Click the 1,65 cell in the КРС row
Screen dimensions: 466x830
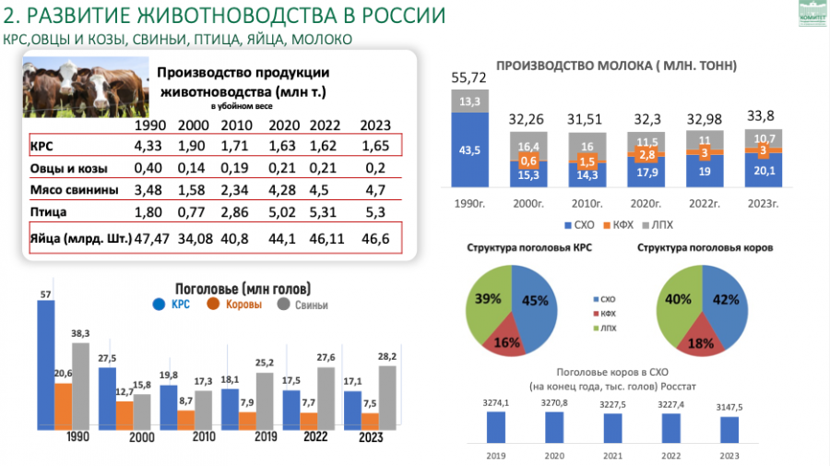coord(375,146)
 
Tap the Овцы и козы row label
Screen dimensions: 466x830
coord(69,169)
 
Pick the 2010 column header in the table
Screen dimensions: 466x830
coord(235,125)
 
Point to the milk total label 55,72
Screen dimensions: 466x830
coord(468,78)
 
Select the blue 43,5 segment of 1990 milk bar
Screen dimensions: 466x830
coord(468,150)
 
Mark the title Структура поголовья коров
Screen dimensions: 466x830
coord(704,248)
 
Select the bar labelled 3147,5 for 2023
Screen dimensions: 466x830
coord(729,430)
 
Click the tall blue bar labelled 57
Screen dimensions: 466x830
coord(46,368)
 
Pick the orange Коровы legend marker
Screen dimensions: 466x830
coord(212,304)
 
